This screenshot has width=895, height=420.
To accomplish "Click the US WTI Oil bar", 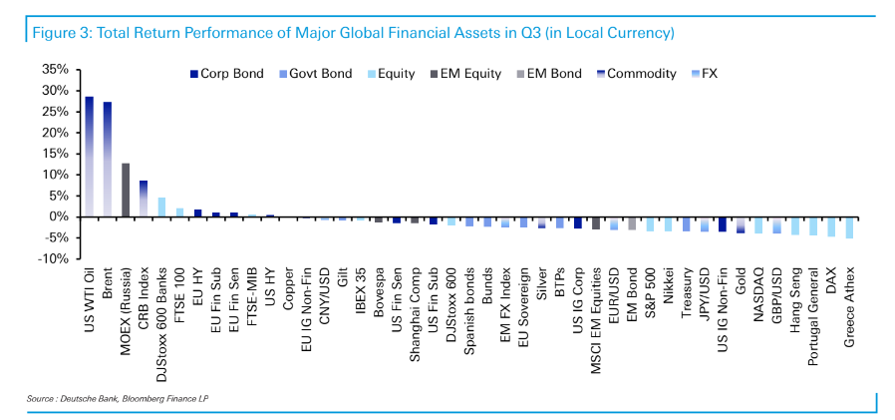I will click(x=90, y=157).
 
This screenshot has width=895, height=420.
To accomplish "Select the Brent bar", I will click(x=108, y=160).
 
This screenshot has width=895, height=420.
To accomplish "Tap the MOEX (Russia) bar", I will click(x=126, y=190).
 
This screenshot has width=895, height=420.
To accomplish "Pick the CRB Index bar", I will click(x=144, y=199).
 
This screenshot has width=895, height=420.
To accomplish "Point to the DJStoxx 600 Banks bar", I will click(x=161, y=207).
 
